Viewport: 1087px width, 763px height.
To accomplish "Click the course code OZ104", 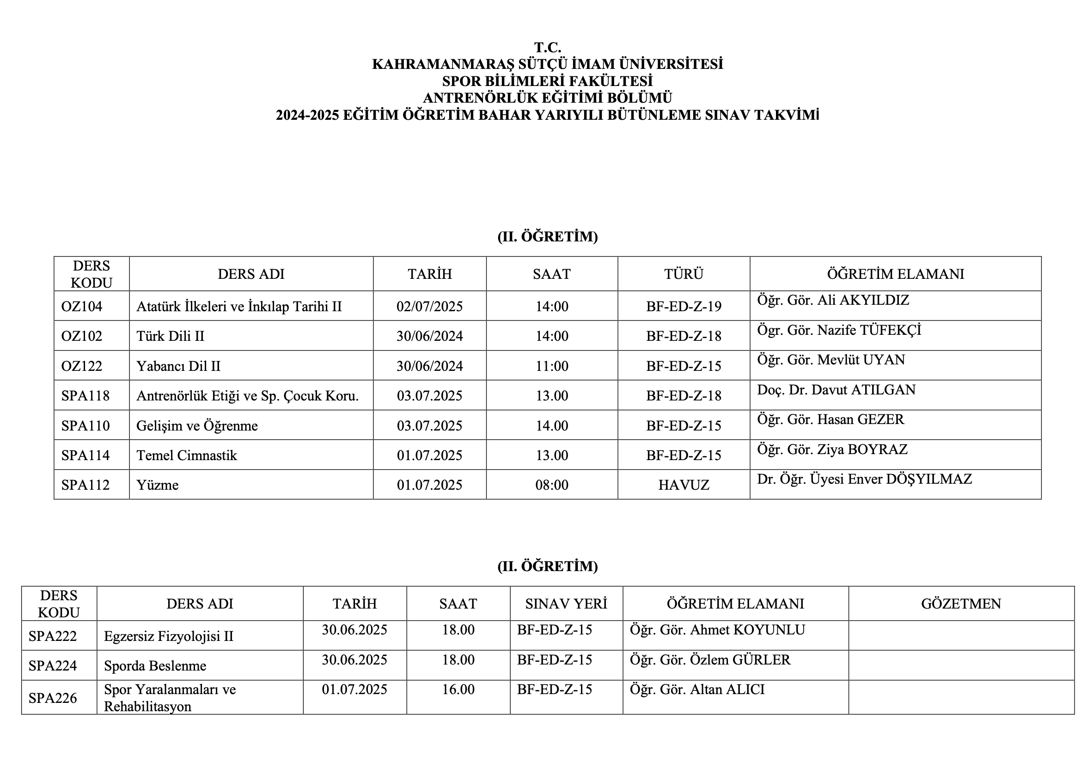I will coord(81,307).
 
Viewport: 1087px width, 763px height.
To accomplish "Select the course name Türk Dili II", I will coord(171,336).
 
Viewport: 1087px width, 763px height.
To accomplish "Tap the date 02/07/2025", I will coord(429,307).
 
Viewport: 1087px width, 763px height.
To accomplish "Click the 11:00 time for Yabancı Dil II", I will coord(551,366).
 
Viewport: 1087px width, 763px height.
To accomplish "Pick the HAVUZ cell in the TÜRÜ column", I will coord(684,485).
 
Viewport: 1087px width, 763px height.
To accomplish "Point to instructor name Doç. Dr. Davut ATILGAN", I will coord(836,390).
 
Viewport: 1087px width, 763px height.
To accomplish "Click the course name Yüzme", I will coord(157,485).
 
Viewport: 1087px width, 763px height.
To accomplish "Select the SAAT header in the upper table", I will coord(551,274).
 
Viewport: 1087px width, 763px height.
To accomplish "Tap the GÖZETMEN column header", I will coord(961,604).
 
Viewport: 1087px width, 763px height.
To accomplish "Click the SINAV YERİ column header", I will coord(566,604).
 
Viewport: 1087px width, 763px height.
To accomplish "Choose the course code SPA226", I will coord(53,698).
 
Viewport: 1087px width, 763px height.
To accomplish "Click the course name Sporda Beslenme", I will coord(155,666).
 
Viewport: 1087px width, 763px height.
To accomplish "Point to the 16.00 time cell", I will coord(458,689).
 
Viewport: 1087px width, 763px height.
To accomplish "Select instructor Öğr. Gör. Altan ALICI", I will coord(697,689).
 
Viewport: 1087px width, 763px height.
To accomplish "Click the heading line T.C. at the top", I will coord(548,47).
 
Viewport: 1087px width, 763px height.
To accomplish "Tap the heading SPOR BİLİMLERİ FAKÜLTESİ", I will coord(548,81).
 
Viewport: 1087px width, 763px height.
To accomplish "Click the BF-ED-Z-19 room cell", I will coord(684,307).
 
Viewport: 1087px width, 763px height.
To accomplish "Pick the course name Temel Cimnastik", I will coord(187,455).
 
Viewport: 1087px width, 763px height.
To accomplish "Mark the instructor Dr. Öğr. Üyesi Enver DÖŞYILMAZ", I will coord(864,479).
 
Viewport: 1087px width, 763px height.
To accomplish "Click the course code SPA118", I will coord(85,395).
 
